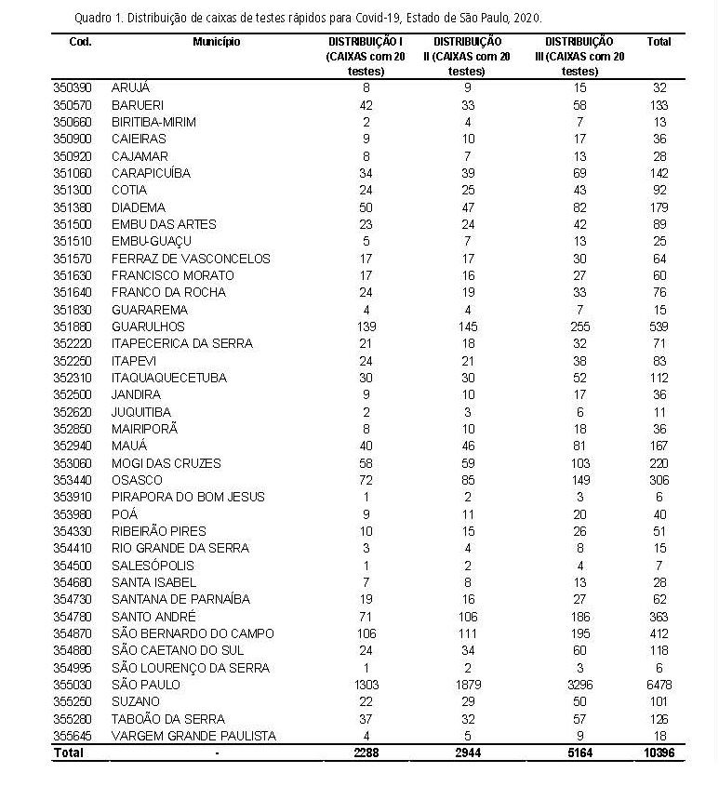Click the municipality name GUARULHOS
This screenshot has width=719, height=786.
(x=148, y=326)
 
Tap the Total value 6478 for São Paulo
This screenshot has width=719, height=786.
(x=659, y=685)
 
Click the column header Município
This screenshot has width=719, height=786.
(x=217, y=42)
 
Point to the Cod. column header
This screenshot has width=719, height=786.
(x=80, y=42)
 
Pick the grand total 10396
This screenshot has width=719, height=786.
(x=659, y=753)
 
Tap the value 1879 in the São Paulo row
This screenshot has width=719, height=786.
(x=467, y=685)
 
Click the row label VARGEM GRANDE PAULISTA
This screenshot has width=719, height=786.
(x=193, y=736)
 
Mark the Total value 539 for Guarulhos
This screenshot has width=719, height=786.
(x=659, y=326)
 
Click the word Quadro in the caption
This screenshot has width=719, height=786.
(x=88, y=18)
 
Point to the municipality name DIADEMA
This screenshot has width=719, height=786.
(x=139, y=207)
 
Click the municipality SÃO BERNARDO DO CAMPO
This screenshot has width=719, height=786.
(x=193, y=633)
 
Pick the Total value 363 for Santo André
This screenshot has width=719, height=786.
(x=659, y=617)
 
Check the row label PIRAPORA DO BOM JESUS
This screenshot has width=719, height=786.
(x=188, y=497)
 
